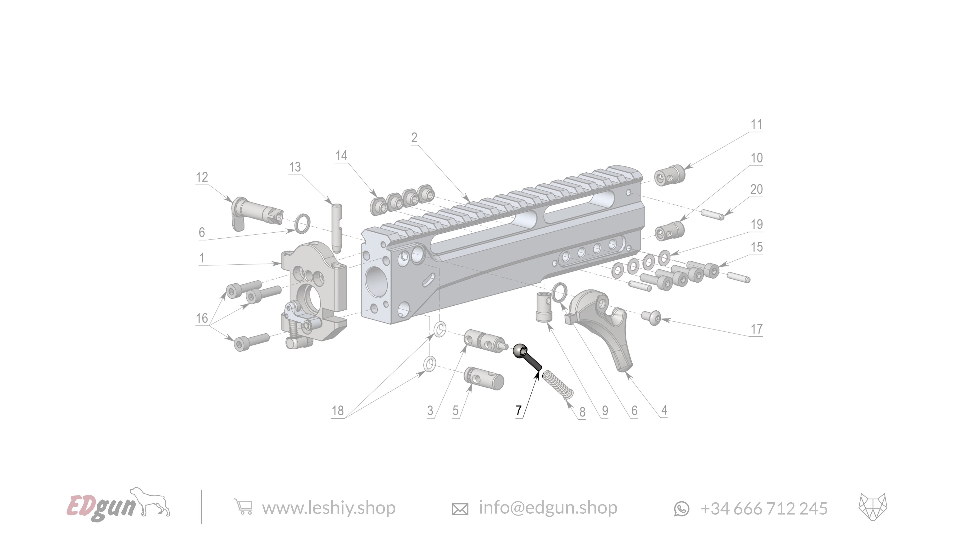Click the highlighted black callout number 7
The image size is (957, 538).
tap(519, 410)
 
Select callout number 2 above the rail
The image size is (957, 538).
tap(414, 138)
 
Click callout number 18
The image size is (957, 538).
tap(337, 411)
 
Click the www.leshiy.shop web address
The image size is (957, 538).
tap(328, 508)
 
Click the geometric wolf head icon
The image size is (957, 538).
tap(872, 507)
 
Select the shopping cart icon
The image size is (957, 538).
tap(243, 507)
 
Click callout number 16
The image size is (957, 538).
tap(202, 318)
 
